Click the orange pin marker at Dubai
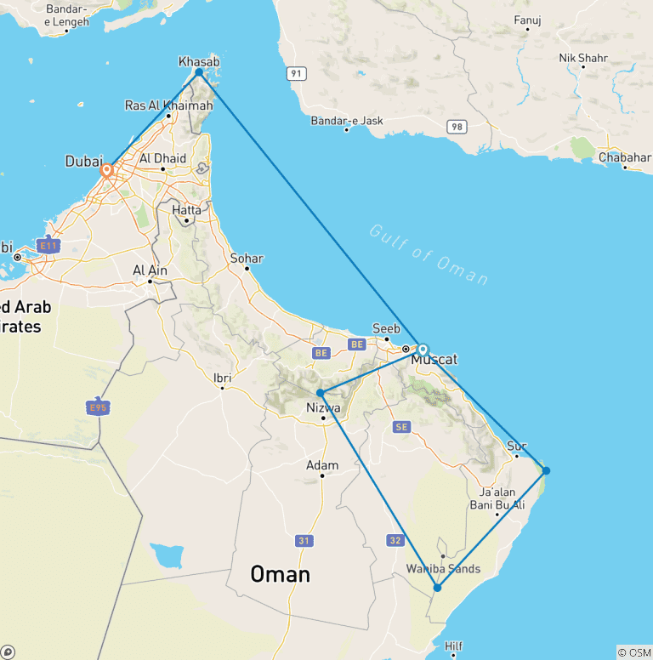click(107, 170)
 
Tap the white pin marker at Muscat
click(423, 349)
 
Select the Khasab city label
click(199, 61)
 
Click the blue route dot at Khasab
click(199, 72)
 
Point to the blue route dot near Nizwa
click(320, 393)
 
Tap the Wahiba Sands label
click(443, 569)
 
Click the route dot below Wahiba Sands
click(437, 588)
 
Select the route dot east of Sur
click(546, 470)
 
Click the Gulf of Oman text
click(429, 253)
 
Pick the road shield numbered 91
click(295, 74)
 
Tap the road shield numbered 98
click(458, 127)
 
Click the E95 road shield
click(99, 407)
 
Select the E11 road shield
click(49, 247)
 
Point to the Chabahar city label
click(624, 157)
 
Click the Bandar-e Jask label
click(347, 121)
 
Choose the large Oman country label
click(280, 574)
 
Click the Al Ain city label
click(150, 270)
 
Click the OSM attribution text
click(634, 652)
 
